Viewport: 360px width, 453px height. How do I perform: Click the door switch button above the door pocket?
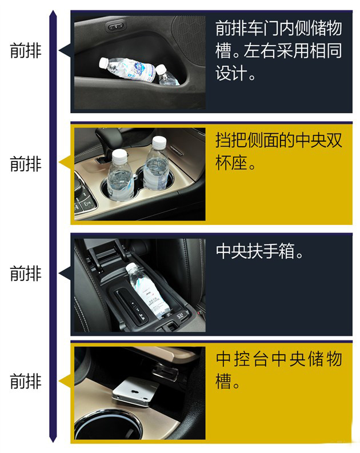tap(116, 27)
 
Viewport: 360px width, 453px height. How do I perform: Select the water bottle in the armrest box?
tap(148, 291)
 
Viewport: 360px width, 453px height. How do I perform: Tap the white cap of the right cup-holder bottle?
tap(159, 142)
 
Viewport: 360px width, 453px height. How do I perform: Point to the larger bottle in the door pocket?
tap(127, 69)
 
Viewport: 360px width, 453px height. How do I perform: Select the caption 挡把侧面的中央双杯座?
tap(278, 151)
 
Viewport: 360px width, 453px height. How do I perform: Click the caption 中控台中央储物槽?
tap(278, 370)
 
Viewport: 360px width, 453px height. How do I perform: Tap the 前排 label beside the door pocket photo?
tap(26, 50)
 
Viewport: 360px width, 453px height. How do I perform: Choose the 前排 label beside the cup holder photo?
tap(26, 163)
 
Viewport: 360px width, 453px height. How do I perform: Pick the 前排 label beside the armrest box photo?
tap(26, 273)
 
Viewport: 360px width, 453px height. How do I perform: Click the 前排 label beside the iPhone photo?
tap(26, 381)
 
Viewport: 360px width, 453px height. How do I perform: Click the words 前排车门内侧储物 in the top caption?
tap(278, 29)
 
